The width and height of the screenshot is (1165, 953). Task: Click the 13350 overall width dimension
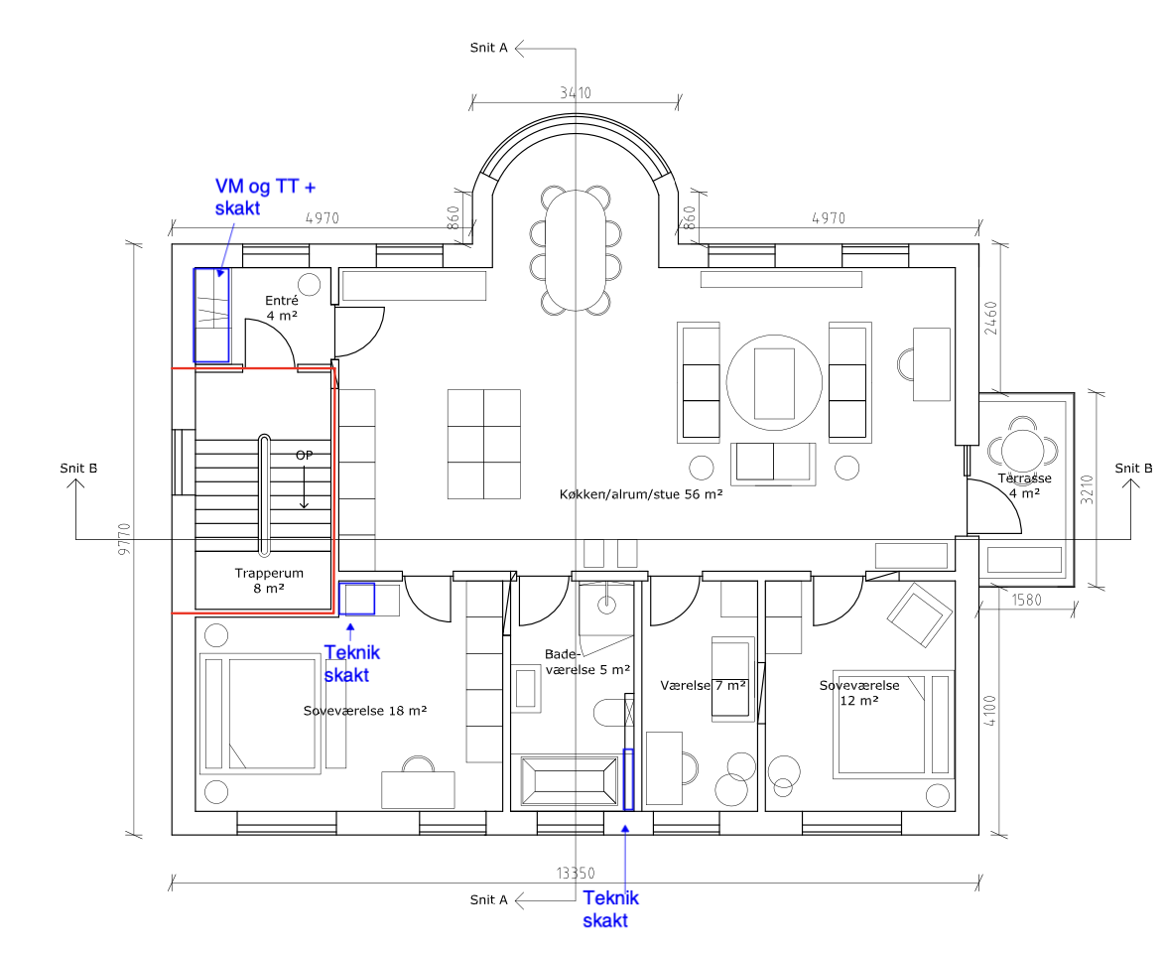(x=576, y=873)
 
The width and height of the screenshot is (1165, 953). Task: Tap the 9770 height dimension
(x=124, y=539)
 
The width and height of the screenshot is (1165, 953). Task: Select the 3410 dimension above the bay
(x=576, y=93)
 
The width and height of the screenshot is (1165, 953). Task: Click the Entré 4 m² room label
(x=282, y=308)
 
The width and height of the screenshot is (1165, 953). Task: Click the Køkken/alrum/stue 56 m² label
(x=640, y=493)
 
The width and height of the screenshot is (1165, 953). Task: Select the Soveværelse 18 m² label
(x=365, y=711)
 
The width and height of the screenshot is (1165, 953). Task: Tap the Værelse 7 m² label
(x=703, y=685)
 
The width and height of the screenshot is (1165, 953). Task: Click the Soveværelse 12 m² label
(x=859, y=693)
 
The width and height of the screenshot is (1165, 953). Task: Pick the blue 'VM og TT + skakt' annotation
(x=265, y=197)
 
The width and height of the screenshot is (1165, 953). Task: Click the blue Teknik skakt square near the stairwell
(x=356, y=599)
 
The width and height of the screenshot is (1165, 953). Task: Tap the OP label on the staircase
(x=304, y=455)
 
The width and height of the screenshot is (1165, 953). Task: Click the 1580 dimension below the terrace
(x=1026, y=600)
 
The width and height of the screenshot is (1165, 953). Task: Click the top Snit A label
(x=488, y=48)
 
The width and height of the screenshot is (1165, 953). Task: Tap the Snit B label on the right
(x=1133, y=469)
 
